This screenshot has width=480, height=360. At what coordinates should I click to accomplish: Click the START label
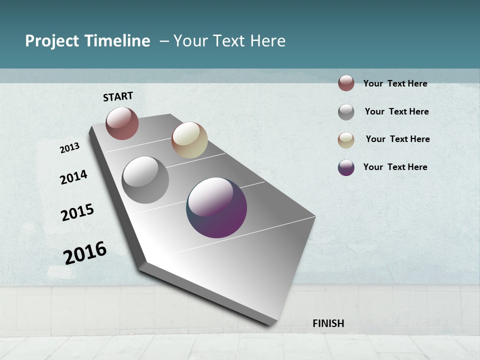pyautogui.click(x=118, y=96)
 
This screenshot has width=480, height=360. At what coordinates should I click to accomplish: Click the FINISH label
pyautogui.click(x=328, y=323)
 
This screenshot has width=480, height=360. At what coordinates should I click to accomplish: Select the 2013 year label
pyautogui.click(x=69, y=148)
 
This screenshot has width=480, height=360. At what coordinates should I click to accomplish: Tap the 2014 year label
pyautogui.click(x=73, y=177)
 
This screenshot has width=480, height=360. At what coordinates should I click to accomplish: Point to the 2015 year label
pyautogui.click(x=77, y=212)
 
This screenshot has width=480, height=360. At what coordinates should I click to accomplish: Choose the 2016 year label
pyautogui.click(x=85, y=253)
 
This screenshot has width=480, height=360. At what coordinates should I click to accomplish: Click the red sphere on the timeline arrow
pyautogui.click(x=122, y=123)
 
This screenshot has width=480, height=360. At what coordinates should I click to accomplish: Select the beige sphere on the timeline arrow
pyautogui.click(x=189, y=140)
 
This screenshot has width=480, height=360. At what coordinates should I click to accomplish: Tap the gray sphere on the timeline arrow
pyautogui.click(x=145, y=180)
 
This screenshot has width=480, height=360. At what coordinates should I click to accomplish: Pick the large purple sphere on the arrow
pyautogui.click(x=216, y=207)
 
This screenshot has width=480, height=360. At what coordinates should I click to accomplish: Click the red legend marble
pyautogui.click(x=346, y=83)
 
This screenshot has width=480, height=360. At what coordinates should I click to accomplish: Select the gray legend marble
pyautogui.click(x=346, y=112)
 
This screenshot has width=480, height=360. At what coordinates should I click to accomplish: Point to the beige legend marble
pyautogui.click(x=346, y=140)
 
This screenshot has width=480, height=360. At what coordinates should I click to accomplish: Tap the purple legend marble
pyautogui.click(x=346, y=167)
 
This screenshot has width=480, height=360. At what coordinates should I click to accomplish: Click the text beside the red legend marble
pyautogui.click(x=395, y=83)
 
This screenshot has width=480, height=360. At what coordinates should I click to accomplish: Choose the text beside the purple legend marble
pyautogui.click(x=395, y=167)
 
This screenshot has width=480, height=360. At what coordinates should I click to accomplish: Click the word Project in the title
pyautogui.click(x=51, y=41)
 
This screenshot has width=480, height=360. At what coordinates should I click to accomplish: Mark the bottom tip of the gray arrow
pyautogui.click(x=270, y=324)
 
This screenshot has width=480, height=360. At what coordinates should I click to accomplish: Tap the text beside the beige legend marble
pyautogui.click(x=397, y=139)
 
